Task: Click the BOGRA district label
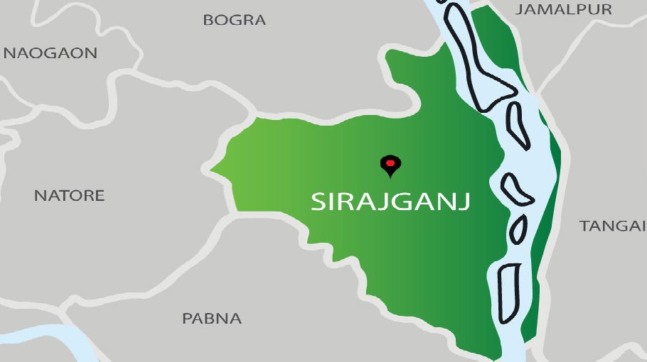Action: point(235,20)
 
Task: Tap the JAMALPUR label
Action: point(564,9)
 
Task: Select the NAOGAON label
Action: point(50,53)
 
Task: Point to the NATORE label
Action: point(70,195)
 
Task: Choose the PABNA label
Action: point(212,319)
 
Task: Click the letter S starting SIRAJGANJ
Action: point(319,201)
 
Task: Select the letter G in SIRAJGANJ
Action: point(400,201)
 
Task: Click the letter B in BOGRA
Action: point(208,20)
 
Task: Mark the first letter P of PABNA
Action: point(188,319)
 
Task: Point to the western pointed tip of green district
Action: point(211,170)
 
